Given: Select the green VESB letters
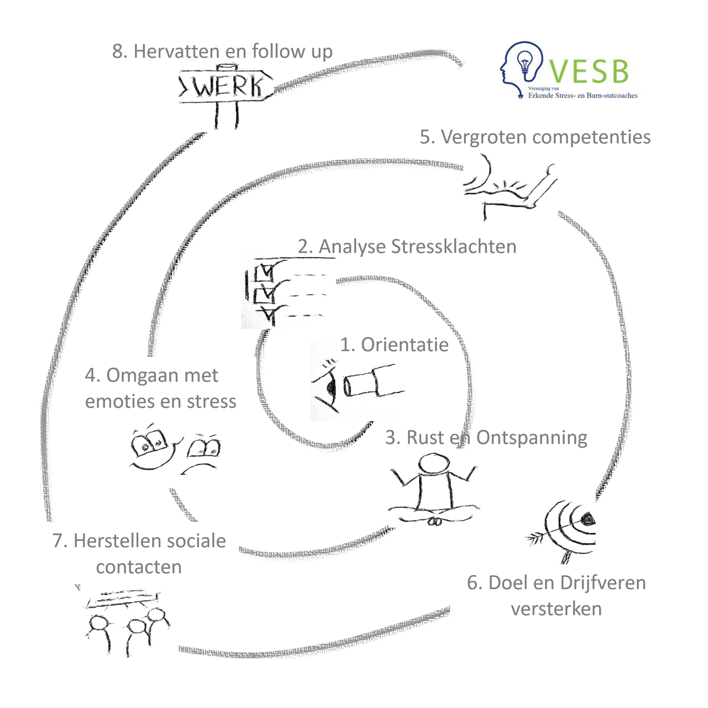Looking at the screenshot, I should (590, 71).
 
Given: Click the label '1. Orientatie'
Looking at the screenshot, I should (394, 345).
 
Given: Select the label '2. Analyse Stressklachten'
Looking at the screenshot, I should (407, 246).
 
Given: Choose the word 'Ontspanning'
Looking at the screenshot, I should (532, 438).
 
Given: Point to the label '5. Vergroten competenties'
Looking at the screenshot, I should (535, 137).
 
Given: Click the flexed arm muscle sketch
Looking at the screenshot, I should (509, 188).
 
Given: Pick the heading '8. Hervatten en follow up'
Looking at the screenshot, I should (222, 51).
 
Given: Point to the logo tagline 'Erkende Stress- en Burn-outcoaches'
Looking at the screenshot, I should (582, 96).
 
